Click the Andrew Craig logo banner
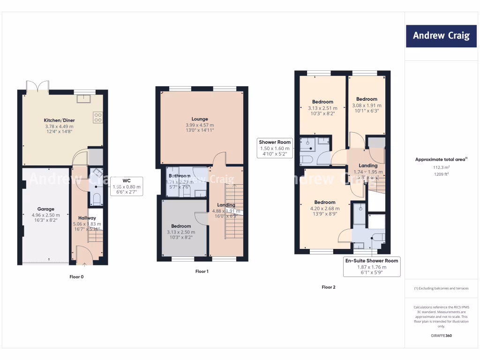[x=441, y=36]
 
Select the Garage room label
[x=46, y=209]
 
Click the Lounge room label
[x=200, y=119]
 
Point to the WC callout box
[x=126, y=186]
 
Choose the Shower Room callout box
[x=276, y=148]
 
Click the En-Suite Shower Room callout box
[x=371, y=266]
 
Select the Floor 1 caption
[x=202, y=271]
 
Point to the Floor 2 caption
[x=329, y=287]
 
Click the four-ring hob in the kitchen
[x=97, y=117]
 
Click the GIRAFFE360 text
[x=441, y=336]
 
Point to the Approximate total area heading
[x=441, y=159]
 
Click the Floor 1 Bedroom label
[x=181, y=226]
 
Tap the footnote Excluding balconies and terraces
[x=441, y=288]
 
